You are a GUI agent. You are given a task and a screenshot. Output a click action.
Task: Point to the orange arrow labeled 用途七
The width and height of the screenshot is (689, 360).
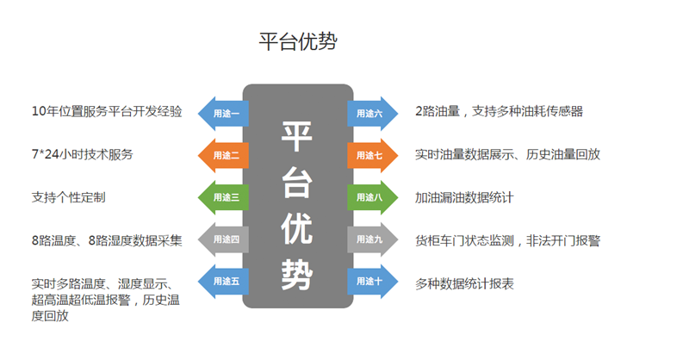(x=373, y=155)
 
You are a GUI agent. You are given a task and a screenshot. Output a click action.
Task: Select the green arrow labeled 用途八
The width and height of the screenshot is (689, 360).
(x=373, y=197)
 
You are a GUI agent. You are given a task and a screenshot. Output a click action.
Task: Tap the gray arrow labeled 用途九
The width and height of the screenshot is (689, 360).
(x=373, y=239)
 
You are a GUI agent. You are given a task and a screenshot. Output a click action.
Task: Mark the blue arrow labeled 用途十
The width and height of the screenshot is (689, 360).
(x=373, y=282)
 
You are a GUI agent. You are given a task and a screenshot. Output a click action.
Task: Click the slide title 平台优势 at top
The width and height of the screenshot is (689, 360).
(x=298, y=42)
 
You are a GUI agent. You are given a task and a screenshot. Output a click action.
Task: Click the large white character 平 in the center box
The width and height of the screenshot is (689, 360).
(x=298, y=137)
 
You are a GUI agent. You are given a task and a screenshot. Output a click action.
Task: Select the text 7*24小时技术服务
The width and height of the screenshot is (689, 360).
(x=82, y=155)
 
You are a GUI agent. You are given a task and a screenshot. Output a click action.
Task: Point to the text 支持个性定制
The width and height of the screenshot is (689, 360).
(x=68, y=197)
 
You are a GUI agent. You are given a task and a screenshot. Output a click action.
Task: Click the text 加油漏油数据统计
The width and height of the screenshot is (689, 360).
(x=464, y=197)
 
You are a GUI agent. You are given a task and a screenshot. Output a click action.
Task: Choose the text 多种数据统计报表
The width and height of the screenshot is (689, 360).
(x=464, y=282)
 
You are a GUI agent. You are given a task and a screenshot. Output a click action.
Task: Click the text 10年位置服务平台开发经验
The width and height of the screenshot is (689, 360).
(x=106, y=112)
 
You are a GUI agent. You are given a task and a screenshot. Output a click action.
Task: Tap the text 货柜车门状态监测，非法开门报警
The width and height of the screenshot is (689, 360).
(x=507, y=240)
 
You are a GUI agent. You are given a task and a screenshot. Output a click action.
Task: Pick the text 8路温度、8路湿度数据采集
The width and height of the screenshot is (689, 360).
(x=106, y=240)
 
